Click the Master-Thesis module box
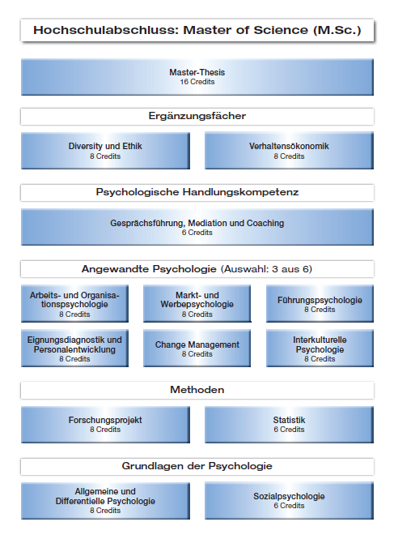click(197, 77)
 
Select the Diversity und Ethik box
click(105, 151)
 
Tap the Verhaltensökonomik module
click(289, 151)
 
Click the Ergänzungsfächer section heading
click(197, 117)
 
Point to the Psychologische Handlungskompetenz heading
click(197, 193)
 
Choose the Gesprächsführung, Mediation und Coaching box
click(197, 227)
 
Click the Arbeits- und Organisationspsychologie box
click(74, 303)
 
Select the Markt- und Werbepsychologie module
click(197, 303)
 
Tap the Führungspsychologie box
click(320, 303)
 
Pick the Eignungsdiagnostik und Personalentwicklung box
click(74, 349)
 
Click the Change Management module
click(197, 349)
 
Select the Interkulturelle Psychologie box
click(320, 349)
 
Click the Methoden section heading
click(197, 390)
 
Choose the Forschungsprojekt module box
click(105, 425)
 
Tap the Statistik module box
click(289, 425)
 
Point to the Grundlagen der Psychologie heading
click(197, 467)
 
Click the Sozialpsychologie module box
click(289, 501)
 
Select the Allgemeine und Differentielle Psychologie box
click(105, 501)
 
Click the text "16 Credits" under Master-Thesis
click(197, 82)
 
